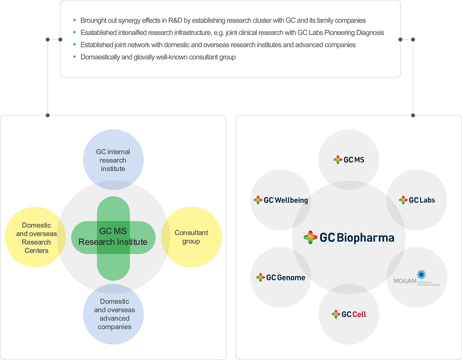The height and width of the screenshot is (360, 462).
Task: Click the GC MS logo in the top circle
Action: (349, 160)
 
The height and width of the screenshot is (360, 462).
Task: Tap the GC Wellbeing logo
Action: (281, 200)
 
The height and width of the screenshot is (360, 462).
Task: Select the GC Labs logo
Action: (417, 200)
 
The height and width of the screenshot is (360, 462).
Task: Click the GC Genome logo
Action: (281, 278)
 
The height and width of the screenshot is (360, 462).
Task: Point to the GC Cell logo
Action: (349, 314)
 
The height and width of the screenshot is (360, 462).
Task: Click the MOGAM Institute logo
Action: (417, 278)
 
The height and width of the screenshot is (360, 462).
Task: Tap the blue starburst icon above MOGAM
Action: (421, 274)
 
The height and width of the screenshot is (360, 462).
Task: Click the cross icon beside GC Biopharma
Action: (310, 237)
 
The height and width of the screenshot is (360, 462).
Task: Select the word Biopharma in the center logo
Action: (365, 237)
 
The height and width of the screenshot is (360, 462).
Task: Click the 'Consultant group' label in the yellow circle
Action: (191, 237)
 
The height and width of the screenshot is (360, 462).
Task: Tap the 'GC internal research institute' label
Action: (113, 160)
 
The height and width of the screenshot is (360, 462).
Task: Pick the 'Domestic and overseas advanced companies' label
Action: (114, 314)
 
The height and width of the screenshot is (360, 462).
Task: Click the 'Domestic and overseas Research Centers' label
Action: (37, 238)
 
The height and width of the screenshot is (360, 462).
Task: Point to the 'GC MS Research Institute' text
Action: (113, 236)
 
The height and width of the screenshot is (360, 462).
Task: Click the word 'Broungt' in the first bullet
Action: (91, 20)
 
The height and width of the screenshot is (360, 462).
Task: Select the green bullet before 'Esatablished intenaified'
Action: (74, 32)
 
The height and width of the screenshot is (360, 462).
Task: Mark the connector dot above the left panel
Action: (48, 115)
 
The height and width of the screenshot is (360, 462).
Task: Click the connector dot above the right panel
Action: (413, 115)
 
